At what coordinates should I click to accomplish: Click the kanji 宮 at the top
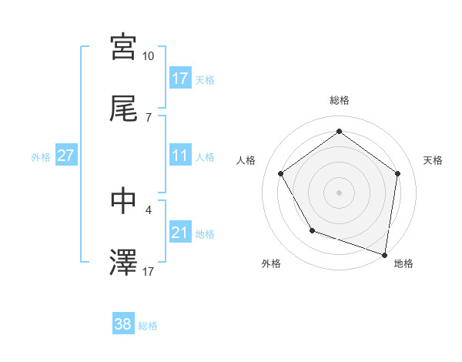(123, 46)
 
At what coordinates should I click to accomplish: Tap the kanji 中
(123, 199)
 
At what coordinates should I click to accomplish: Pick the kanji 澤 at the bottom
(123, 262)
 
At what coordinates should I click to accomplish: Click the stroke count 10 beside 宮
(148, 56)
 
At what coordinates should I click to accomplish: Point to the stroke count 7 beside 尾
(148, 117)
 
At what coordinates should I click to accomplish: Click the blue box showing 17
(180, 79)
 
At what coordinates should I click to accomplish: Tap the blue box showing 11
(180, 156)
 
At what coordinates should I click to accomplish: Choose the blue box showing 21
(180, 233)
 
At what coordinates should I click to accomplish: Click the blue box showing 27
(66, 156)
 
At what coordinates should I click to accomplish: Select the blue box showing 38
(122, 324)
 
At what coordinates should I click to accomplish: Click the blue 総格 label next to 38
(148, 326)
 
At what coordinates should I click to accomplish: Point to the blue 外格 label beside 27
(41, 156)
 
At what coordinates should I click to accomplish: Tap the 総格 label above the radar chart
(340, 100)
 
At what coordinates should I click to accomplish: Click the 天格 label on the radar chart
(434, 160)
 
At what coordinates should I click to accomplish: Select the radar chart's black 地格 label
(403, 263)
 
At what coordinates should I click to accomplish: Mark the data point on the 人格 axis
(281, 173)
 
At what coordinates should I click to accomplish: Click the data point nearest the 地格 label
(384, 253)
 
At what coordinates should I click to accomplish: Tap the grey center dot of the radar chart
(340, 192)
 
